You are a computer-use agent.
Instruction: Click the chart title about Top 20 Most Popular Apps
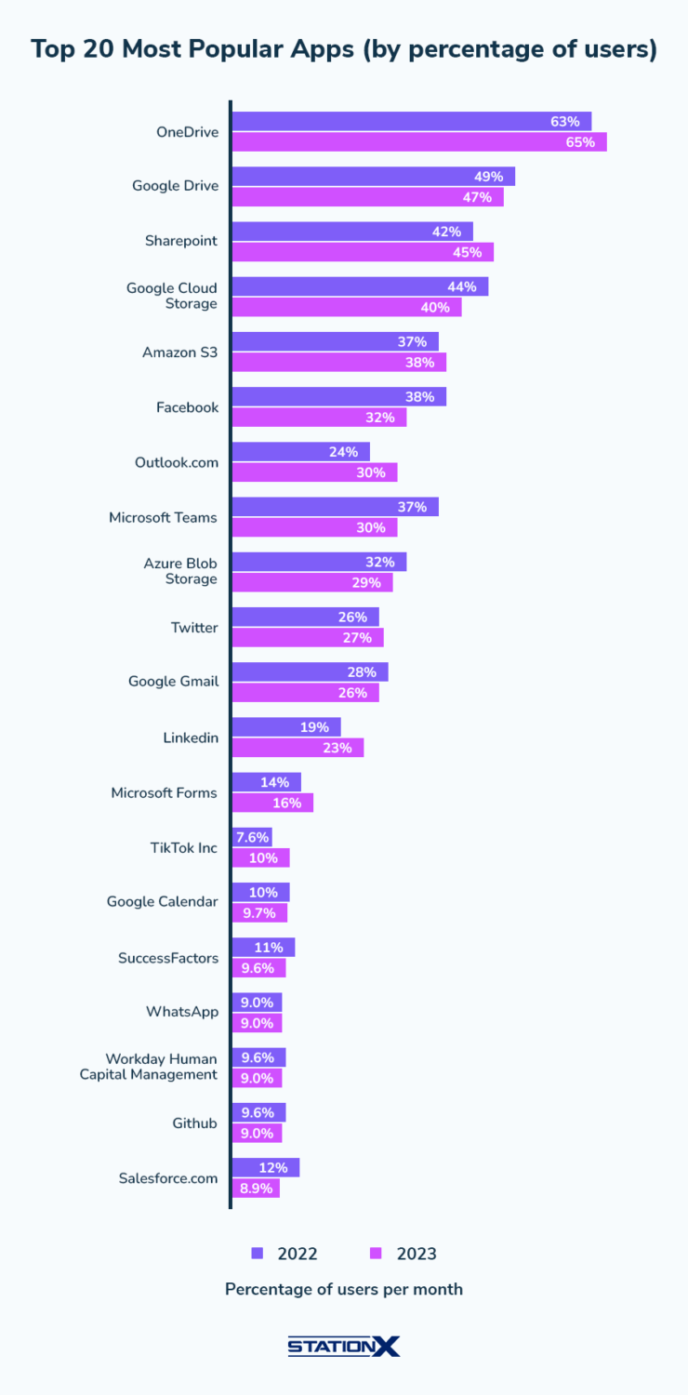[344, 50]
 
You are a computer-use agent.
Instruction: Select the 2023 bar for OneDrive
[418, 142]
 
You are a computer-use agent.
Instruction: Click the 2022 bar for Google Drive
[372, 177]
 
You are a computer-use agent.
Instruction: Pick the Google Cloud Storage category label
[172, 296]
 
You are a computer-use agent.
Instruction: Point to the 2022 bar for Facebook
[338, 397]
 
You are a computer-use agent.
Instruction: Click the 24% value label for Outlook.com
[343, 452]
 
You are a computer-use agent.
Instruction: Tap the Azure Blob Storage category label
[180, 571]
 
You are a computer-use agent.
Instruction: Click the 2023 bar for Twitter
[307, 638]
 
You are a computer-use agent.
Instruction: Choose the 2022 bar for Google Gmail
[310, 672]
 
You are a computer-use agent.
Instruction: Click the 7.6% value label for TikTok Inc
[252, 838]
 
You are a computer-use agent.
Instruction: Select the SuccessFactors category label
[168, 958]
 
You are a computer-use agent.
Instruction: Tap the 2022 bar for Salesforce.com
[265, 1168]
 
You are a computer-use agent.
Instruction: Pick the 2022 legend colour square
[258, 1254]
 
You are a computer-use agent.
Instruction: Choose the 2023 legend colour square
[377, 1254]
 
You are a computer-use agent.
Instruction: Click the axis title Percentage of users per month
[344, 1290]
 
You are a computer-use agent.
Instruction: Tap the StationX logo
[344, 1346]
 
